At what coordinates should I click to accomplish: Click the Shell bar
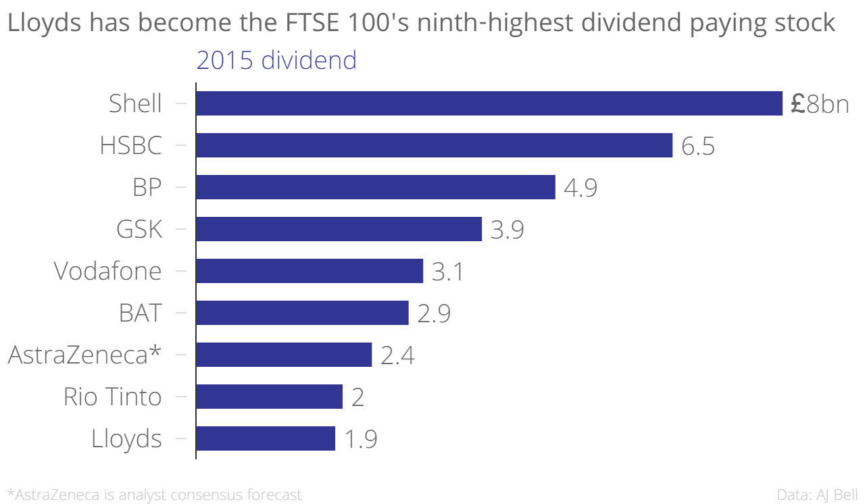pyautogui.click(x=489, y=103)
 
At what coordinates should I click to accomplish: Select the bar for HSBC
pyautogui.click(x=434, y=145)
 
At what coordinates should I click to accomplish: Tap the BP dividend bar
pyautogui.click(x=375, y=187)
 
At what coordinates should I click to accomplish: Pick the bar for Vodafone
pyautogui.click(x=309, y=271)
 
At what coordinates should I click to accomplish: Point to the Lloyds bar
pyautogui.click(x=266, y=438)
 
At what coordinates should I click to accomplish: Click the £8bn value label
pyautogui.click(x=819, y=104)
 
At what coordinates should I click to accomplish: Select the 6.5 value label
pyautogui.click(x=698, y=146)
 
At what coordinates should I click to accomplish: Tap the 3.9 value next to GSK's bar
pyautogui.click(x=507, y=230)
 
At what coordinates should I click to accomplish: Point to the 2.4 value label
pyautogui.click(x=397, y=355)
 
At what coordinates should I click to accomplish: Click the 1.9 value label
pyautogui.click(x=360, y=439)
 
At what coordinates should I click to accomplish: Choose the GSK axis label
pyautogui.click(x=139, y=230)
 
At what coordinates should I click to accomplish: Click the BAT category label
pyautogui.click(x=140, y=313)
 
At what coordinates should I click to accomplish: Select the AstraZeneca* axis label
pyautogui.click(x=85, y=355)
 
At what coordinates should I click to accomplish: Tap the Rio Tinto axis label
pyautogui.click(x=113, y=397)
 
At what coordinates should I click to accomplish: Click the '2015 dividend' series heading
pyautogui.click(x=276, y=61)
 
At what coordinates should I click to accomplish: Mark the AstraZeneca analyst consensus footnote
pyautogui.click(x=154, y=495)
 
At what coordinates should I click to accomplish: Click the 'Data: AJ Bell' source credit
pyautogui.click(x=818, y=495)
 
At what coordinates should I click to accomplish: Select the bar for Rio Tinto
pyautogui.click(x=269, y=397)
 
